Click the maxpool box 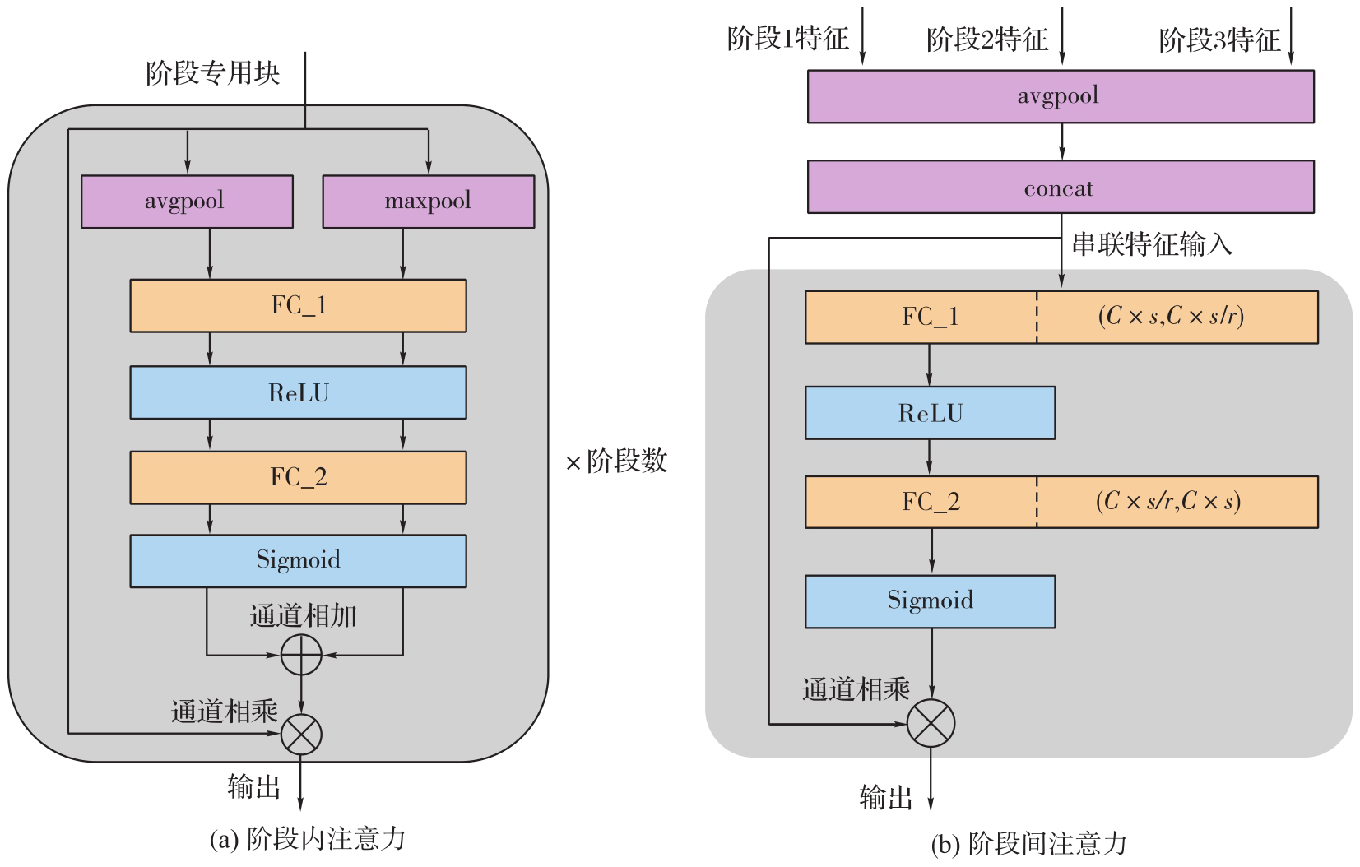tap(428, 202)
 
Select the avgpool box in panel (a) tap(187, 202)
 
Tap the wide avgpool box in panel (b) tap(1060, 97)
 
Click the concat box tap(1060, 188)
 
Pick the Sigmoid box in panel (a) tap(298, 561)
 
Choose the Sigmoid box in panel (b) tap(930, 601)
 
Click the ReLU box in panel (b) tap(930, 413)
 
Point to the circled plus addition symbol tap(301, 655)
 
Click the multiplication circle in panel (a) tap(301, 734)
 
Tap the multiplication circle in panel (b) tap(931, 724)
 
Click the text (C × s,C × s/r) tap(1171, 317)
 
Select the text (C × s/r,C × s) tap(1168, 502)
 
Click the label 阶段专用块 tap(213, 74)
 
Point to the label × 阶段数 tap(617, 461)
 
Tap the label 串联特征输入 tap(1152, 244)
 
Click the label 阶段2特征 tap(987, 39)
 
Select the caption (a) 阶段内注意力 tap(308, 839)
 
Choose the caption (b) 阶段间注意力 tap(1028, 844)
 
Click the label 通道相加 tap(303, 616)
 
